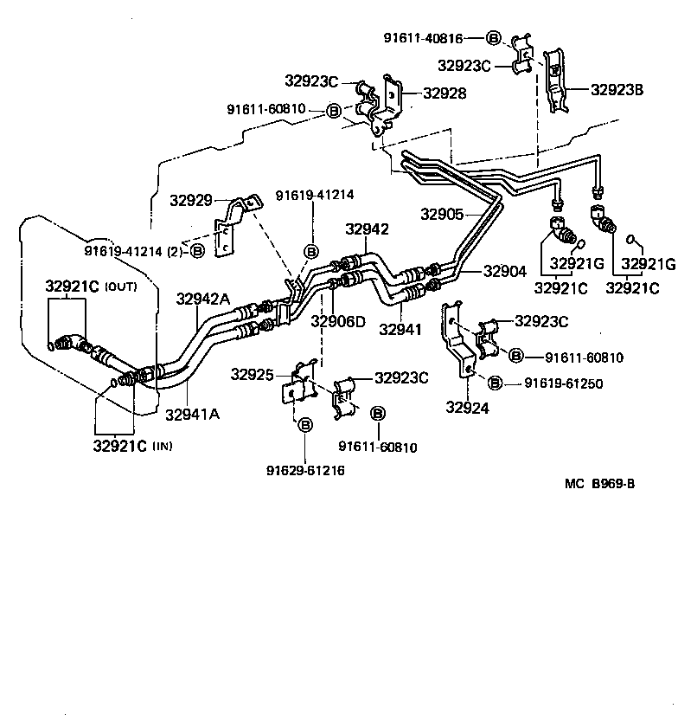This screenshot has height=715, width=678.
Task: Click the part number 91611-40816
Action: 424,38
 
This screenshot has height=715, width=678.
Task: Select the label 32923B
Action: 617,88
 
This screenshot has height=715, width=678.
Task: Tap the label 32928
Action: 444,93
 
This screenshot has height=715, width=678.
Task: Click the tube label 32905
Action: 442,214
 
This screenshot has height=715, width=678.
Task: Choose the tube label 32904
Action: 480,271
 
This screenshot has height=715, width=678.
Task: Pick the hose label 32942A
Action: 203,299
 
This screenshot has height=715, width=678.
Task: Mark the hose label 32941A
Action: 192,413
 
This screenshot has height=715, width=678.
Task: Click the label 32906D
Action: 338,322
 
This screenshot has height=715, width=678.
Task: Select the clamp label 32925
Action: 252,375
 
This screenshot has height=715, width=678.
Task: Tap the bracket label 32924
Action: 468,408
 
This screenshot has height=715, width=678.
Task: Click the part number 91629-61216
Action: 306,470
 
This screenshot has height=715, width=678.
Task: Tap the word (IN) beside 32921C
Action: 163,447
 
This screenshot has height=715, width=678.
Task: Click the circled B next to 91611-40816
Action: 494,38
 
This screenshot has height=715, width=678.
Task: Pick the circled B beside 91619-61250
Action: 496,383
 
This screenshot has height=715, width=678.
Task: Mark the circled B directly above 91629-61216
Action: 305,425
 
